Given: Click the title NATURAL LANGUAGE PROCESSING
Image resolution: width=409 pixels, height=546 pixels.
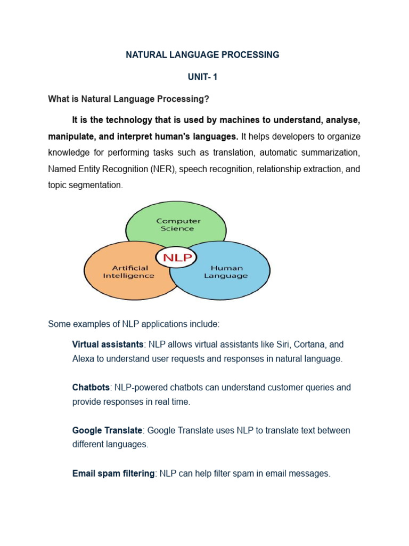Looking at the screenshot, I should [x=202, y=55].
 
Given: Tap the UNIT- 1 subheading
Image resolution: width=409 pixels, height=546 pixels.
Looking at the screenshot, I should [x=202, y=77].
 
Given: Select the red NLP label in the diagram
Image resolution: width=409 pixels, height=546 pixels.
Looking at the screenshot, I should [x=176, y=259].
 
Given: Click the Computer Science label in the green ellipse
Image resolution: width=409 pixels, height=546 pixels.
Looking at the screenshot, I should [x=178, y=224].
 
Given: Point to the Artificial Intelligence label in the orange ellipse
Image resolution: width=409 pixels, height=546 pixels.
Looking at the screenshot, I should [x=129, y=272].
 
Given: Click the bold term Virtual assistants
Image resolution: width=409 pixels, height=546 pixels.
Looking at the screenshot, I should [x=108, y=344].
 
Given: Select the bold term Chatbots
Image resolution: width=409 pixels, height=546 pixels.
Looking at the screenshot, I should [x=91, y=388].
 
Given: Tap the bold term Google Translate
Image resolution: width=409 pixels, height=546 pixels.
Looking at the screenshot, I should [x=107, y=430].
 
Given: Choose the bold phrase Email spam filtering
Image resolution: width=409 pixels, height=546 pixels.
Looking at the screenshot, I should [x=113, y=473].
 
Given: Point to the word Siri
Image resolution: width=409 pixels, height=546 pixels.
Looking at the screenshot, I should [x=282, y=344].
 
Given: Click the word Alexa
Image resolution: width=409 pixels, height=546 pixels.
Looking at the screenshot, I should [x=83, y=359].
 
